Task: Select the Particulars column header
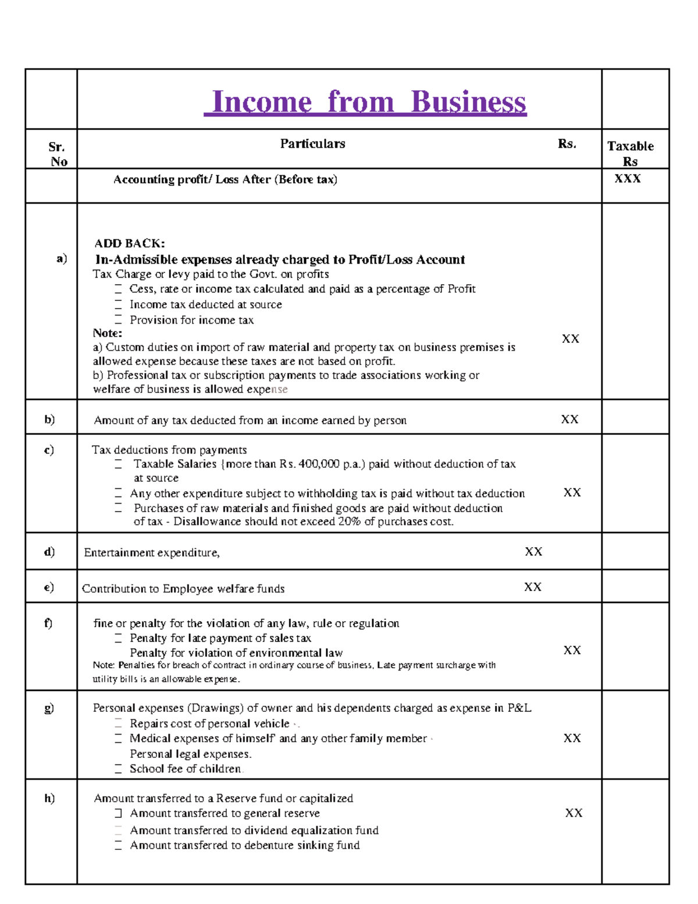[x=312, y=144]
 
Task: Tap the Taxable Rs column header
[x=631, y=154]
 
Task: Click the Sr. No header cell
[x=57, y=154]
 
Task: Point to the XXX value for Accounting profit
[x=628, y=179]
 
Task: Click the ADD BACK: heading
[x=130, y=243]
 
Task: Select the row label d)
[x=49, y=551]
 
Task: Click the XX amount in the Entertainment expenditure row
[x=533, y=551]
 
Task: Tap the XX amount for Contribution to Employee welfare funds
[x=533, y=587]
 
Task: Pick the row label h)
[x=49, y=798]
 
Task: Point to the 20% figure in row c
[x=348, y=522]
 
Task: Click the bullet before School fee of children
[x=118, y=769]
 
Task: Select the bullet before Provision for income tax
[x=118, y=320]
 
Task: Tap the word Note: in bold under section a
[x=108, y=334]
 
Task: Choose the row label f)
[x=48, y=623]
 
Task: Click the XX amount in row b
[x=569, y=420]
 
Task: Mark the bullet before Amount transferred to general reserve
[x=118, y=813]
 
